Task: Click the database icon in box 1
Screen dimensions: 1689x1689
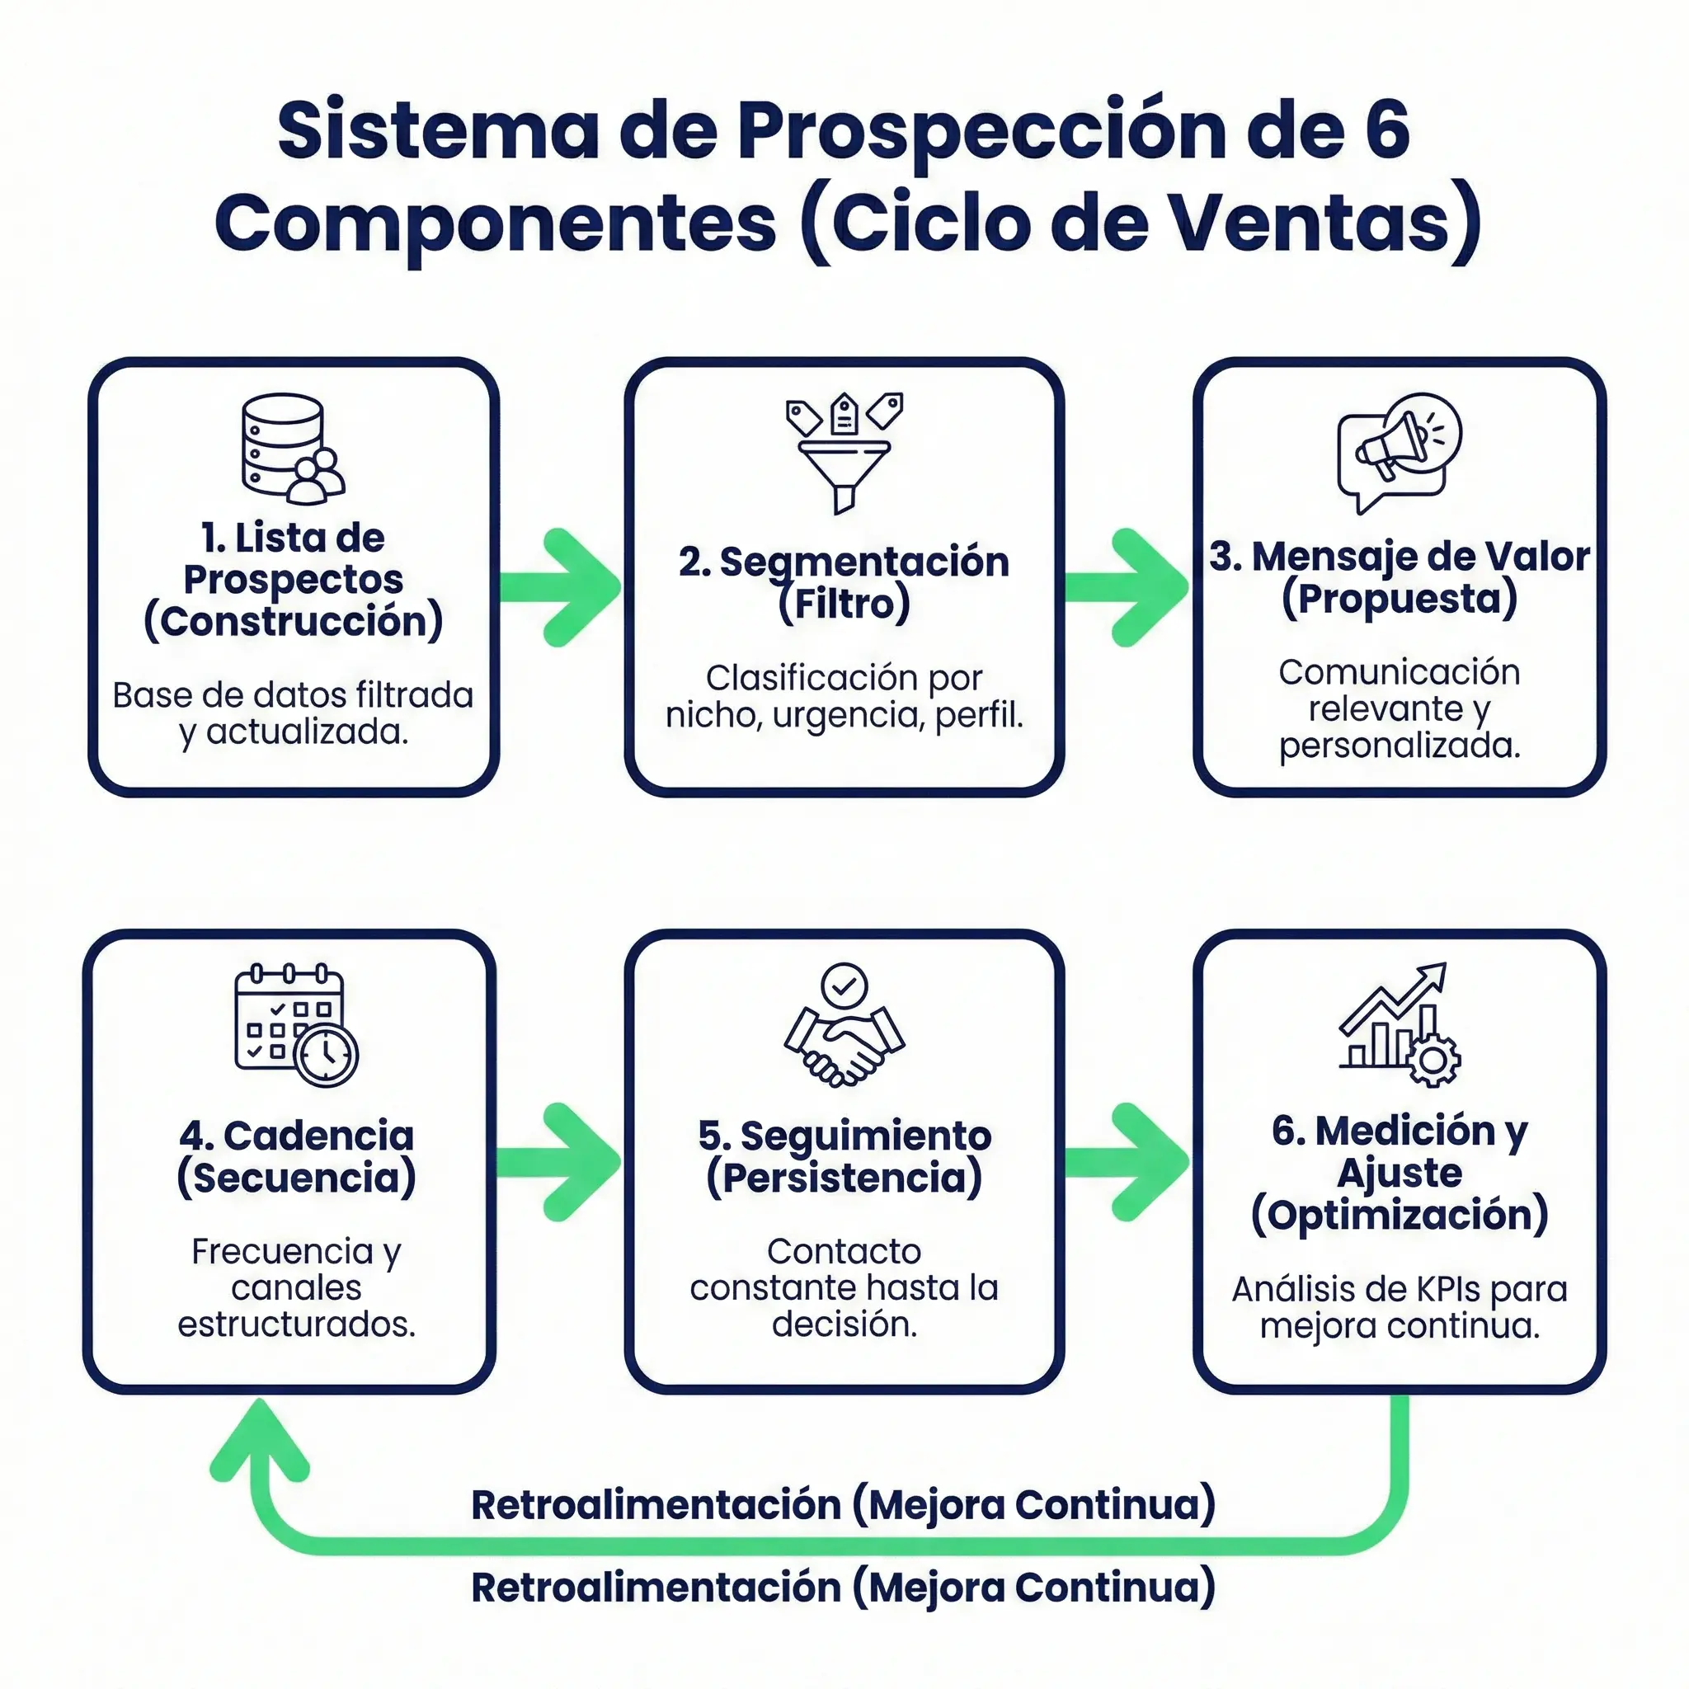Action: [x=292, y=448]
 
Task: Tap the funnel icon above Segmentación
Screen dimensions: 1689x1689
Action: [x=844, y=453]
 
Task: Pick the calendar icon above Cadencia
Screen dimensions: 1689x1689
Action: [x=295, y=1024]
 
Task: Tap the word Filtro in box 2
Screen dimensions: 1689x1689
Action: [x=844, y=603]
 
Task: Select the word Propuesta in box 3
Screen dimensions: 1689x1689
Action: [x=1399, y=599]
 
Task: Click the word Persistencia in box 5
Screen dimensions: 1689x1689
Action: [x=844, y=1178]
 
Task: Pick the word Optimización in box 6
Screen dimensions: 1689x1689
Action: [x=1399, y=1215]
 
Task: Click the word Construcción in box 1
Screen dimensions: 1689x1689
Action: [x=294, y=622]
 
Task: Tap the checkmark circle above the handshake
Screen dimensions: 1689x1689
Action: [x=844, y=986]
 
